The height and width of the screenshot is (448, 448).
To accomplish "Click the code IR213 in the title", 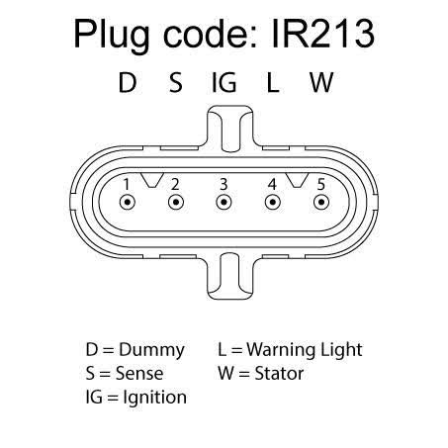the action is point(322,34).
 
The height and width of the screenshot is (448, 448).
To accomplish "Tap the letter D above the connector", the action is point(128,82).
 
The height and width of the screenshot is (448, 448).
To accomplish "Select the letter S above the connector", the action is point(176,82).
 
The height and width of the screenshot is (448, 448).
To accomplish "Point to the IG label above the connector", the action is point(224,82).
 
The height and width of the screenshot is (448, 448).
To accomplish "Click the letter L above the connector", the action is point(273,82).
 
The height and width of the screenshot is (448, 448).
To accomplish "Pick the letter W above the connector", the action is point(321,82).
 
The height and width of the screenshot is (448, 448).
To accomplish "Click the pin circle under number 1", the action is point(128,202).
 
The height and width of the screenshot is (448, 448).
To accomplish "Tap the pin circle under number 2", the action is point(176,202).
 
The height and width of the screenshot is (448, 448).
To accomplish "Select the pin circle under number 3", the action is point(224,202).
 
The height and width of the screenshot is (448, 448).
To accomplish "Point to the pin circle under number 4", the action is point(273,202).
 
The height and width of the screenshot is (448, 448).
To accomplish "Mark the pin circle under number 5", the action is point(321,202).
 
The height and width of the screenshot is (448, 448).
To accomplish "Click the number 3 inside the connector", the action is point(224,184).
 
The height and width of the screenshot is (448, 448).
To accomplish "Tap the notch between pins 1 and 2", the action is point(152,180).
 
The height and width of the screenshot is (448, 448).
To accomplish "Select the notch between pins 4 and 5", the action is point(297,180).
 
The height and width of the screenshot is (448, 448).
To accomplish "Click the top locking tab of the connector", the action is point(230,129).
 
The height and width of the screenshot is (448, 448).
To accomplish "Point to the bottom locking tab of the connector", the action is point(230,276).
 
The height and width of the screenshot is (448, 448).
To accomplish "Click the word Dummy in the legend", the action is point(151,350).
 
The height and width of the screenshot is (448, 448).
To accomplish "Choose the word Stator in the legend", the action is point(279,374).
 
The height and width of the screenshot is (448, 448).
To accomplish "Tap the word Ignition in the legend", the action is point(154,398).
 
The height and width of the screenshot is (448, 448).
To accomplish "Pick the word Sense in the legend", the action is point(139,374).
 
